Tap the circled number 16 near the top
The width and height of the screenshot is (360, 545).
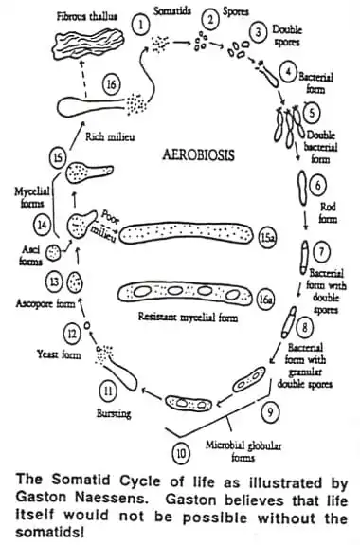(x=112, y=84)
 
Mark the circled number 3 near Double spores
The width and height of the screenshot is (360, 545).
(x=256, y=32)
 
